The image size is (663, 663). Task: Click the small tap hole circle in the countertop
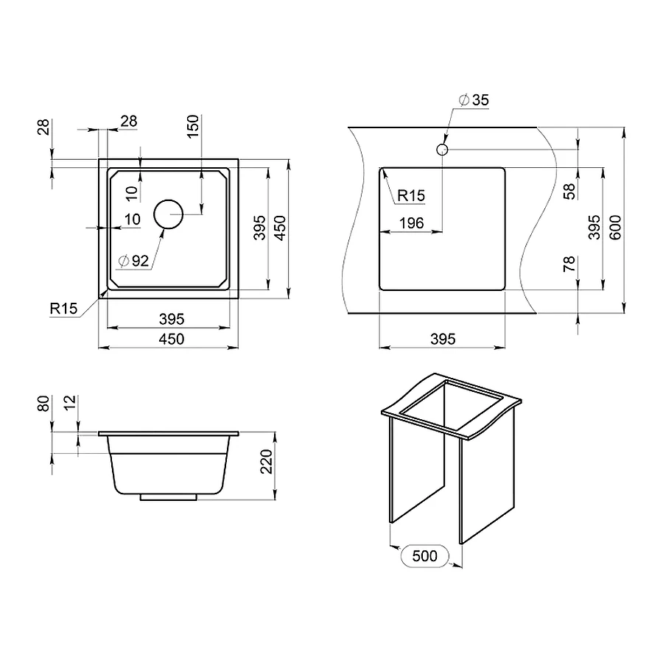pos(442,150)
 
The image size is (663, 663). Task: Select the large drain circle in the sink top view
pos(168,214)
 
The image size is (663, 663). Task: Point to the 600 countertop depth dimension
pos(617,222)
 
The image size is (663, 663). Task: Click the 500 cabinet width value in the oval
pos(425,555)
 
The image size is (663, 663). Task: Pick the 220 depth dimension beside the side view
pos(266,462)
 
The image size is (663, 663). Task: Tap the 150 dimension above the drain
pos(193,125)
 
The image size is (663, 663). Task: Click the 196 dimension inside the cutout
pos(410,223)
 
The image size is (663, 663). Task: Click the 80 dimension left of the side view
pos(43,404)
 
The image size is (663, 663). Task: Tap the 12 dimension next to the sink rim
pos(69,403)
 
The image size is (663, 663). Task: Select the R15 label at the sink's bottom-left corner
pos(64,309)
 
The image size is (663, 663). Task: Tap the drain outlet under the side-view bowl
pos(169,498)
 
